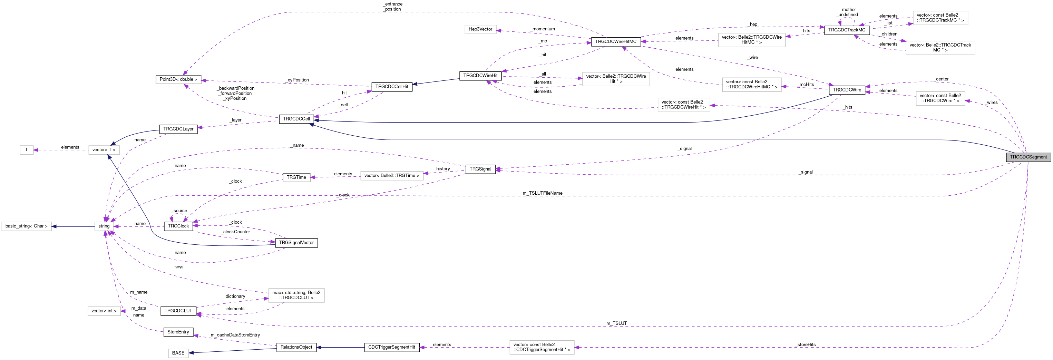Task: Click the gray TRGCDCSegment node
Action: click(x=1028, y=157)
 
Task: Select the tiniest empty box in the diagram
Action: click(x=27, y=150)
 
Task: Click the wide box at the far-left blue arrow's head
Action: click(x=27, y=226)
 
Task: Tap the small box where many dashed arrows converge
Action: click(x=104, y=226)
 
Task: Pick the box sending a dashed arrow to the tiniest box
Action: click(x=104, y=150)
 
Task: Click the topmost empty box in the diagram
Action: click(x=940, y=18)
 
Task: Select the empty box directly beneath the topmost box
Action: click(x=940, y=48)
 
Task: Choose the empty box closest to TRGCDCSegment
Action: click(x=940, y=98)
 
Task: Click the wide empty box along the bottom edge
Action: click(x=542, y=347)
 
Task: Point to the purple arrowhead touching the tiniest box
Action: click(x=36, y=150)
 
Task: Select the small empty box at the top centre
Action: click(x=480, y=29)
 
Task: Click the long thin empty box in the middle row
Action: click(x=392, y=176)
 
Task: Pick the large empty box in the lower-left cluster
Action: click(x=296, y=295)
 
